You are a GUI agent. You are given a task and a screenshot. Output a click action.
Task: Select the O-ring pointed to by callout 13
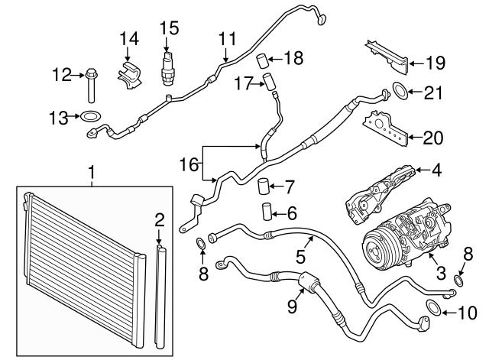coord(91,117)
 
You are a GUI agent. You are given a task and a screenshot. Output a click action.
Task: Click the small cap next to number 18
coord(263,60)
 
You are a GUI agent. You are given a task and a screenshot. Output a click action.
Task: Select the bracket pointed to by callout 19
coord(387,60)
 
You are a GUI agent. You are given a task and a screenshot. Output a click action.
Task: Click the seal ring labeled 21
coord(400,91)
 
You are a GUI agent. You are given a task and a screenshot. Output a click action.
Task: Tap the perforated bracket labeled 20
coord(386,128)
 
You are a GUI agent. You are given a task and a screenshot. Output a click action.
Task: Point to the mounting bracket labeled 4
coord(381,195)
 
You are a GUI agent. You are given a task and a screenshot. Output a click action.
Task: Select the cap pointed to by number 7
coord(263,186)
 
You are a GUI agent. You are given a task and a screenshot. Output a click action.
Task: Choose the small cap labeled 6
coord(267,212)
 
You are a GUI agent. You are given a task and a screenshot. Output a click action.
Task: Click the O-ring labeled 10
coord(433,308)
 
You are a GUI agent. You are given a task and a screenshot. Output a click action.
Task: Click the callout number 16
coord(189,164)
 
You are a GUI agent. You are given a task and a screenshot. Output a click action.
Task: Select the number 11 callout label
coord(228,40)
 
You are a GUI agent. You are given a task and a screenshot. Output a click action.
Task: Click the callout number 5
coord(300,256)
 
